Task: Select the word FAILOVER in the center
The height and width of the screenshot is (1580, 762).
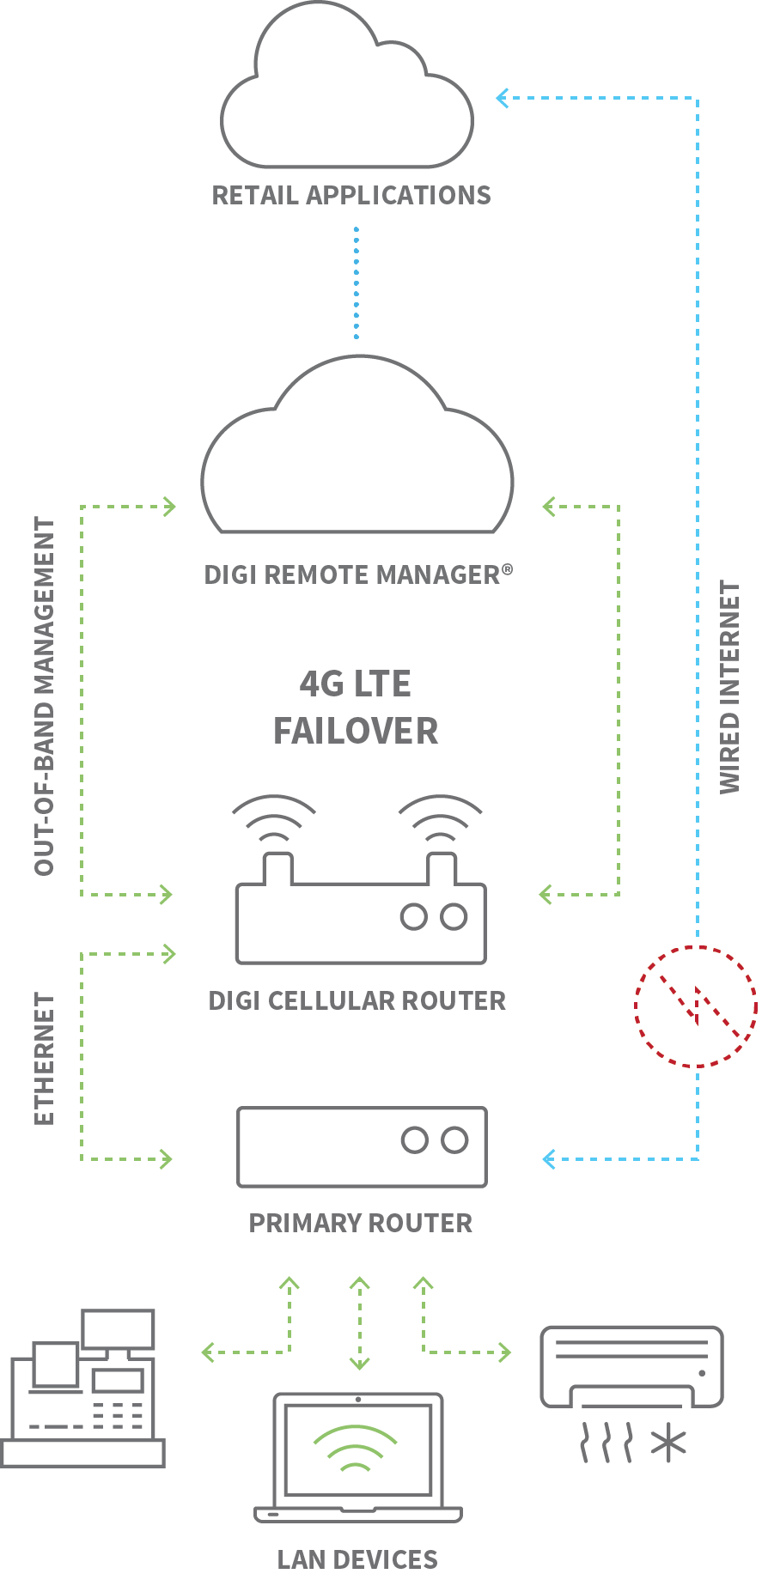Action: pyautogui.click(x=356, y=732)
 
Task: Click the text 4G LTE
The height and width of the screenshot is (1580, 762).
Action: pyautogui.click(x=356, y=684)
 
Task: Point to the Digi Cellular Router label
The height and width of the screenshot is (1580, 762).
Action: pyautogui.click(x=357, y=1001)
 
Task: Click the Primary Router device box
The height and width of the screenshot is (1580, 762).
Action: pyautogui.click(x=362, y=1147)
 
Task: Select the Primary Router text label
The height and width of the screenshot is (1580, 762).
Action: pyautogui.click(x=361, y=1224)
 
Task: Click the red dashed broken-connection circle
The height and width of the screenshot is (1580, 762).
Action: pyautogui.click(x=696, y=1006)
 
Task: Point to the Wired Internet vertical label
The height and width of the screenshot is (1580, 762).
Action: pyautogui.click(x=729, y=687)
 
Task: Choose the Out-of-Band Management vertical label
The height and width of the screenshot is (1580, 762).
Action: pyautogui.click(x=44, y=696)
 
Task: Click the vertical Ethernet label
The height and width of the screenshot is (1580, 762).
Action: pyautogui.click(x=44, y=1059)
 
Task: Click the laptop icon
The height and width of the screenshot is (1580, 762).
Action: pyautogui.click(x=358, y=1460)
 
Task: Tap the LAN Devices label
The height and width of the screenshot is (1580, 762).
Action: pyautogui.click(x=357, y=1559)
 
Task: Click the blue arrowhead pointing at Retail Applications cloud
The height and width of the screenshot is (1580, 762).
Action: pyautogui.click(x=503, y=98)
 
